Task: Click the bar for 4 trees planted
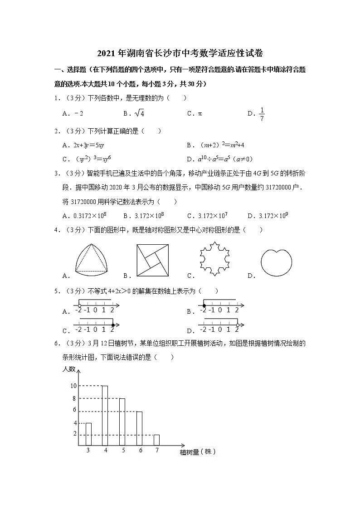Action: [105, 416]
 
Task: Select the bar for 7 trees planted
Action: [156, 440]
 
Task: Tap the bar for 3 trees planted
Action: [88, 434]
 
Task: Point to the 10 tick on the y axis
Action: [73, 386]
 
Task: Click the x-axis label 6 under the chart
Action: [141, 451]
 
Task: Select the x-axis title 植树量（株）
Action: [197, 452]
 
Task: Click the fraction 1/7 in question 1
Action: [262, 114]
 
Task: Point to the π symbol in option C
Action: [200, 114]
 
